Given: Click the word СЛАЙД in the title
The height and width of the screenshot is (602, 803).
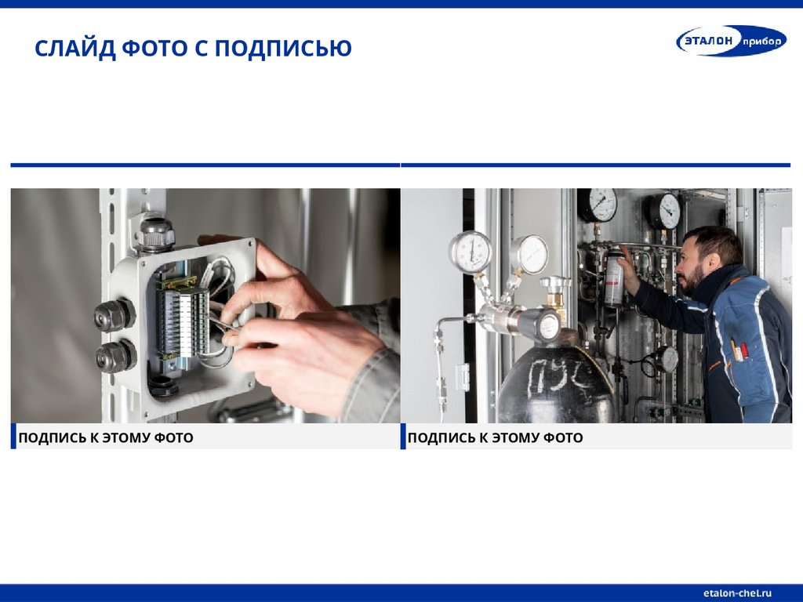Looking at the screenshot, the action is tap(74, 49).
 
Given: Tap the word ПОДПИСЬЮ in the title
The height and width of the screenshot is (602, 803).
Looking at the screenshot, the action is tap(283, 49).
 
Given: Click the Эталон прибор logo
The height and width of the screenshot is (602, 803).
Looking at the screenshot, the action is tap(732, 41).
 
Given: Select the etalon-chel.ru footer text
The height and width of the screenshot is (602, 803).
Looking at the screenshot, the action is tap(737, 593).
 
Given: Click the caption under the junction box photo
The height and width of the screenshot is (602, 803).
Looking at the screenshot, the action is tap(106, 437).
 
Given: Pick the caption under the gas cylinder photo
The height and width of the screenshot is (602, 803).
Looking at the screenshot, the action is tap(496, 437).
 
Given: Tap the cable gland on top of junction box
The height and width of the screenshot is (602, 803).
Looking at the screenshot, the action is tap(154, 234).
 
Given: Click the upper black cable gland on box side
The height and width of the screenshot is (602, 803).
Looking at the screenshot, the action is tap(114, 315).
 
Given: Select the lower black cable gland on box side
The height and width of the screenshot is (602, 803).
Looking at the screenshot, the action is tap(115, 355).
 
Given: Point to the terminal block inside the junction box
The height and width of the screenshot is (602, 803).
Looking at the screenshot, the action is tap(182, 321).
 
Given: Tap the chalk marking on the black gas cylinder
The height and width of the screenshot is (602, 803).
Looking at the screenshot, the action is tap(558, 376).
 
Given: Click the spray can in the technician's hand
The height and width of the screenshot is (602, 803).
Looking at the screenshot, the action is tap(615, 277).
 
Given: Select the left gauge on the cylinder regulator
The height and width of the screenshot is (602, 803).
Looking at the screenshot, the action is tap(471, 252).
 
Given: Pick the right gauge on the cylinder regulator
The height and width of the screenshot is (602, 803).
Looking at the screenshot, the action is tap(529, 255).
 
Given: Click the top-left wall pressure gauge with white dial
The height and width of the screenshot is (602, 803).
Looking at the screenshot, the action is tap(598, 204).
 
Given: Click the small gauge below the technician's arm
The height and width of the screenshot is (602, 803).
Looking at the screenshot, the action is tap(667, 359).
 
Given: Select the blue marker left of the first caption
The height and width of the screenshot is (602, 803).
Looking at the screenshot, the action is tap(13, 436).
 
